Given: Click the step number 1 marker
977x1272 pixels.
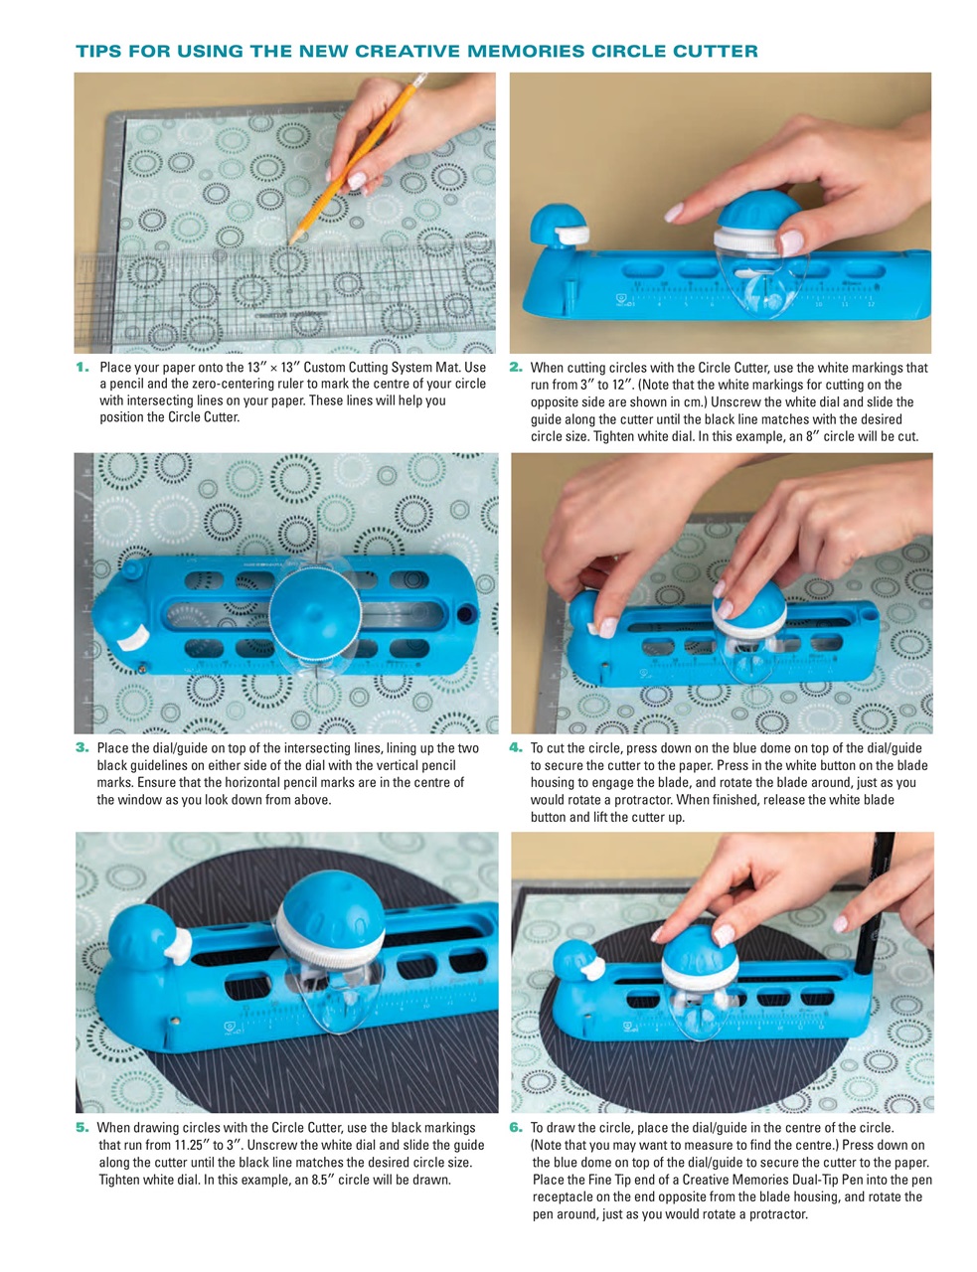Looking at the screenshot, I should point(82,368).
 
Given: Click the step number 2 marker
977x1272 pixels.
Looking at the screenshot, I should point(516,368).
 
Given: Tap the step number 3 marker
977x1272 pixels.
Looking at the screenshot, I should point(82,747).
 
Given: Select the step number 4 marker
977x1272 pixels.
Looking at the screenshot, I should point(516,747).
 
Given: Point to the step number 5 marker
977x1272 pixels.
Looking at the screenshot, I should point(82,1127).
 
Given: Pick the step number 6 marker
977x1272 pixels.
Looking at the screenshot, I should point(516,1127).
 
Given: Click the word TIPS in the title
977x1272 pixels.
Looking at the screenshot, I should point(98,51).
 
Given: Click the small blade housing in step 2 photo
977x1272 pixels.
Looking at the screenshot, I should point(561,223).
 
